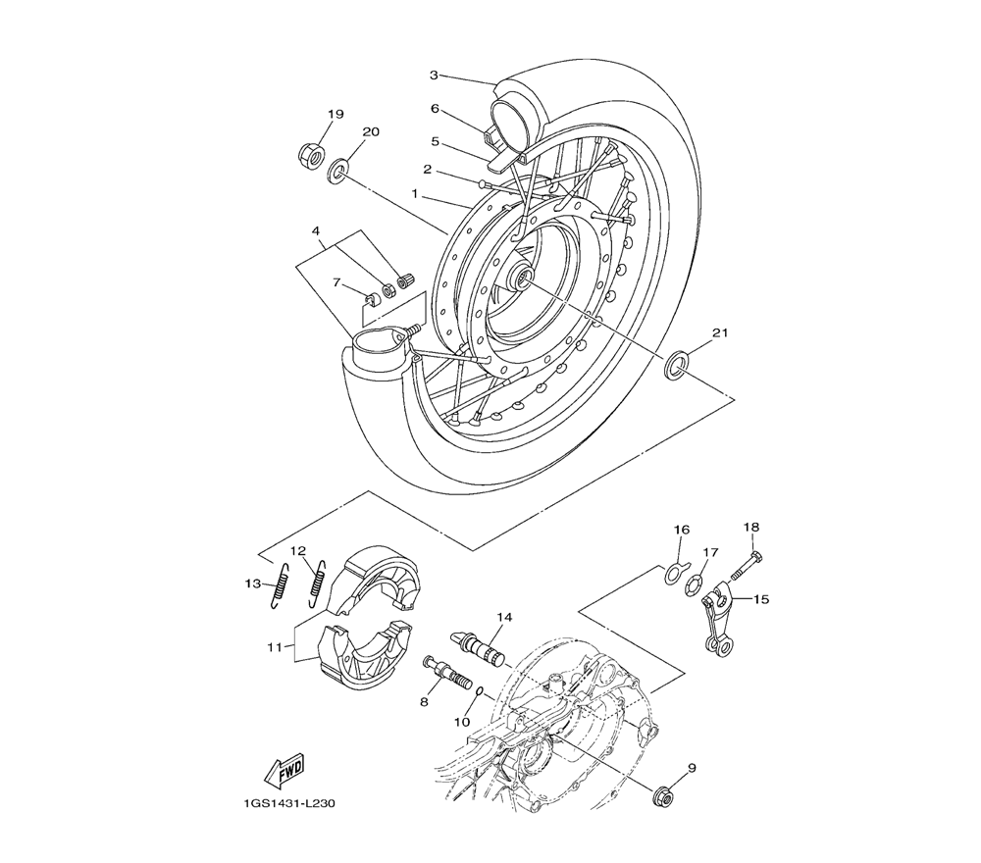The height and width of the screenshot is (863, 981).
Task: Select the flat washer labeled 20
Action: coord(337,172)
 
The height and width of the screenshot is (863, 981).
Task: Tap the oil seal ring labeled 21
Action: coord(676,365)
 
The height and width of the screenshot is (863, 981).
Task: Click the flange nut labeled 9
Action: coord(662,796)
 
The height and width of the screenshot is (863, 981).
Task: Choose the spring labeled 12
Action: coord(318,583)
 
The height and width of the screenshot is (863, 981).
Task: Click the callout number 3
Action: coord(434,76)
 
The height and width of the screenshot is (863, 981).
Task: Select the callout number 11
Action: coord(275,647)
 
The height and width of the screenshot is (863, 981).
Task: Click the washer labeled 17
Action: coord(694,585)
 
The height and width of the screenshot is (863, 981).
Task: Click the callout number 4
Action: coord(317,230)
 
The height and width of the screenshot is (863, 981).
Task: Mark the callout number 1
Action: coord(414,194)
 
